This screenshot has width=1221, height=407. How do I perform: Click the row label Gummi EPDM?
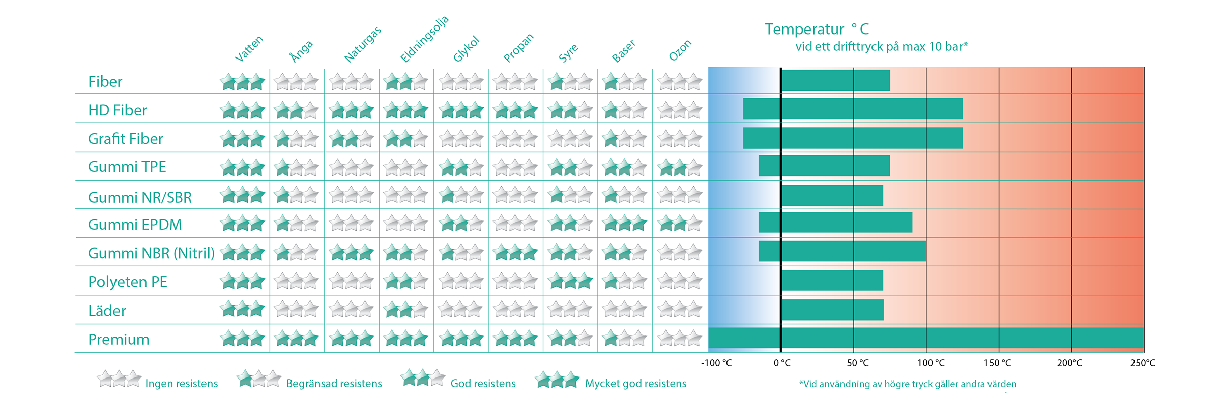(x=135, y=224)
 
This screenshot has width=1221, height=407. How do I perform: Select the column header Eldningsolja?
(x=424, y=40)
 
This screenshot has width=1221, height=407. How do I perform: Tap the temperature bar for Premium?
(x=926, y=338)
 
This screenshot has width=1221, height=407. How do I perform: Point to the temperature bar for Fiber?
(x=835, y=80)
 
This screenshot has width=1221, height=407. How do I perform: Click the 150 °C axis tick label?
(x=997, y=363)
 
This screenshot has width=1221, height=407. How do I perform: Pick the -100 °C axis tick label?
(x=716, y=363)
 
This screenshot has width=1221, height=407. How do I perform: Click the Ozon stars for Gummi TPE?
(x=680, y=167)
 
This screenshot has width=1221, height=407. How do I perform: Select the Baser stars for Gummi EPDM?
(x=625, y=223)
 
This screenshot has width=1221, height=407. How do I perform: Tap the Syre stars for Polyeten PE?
(x=570, y=281)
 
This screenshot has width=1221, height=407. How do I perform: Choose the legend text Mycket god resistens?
(x=635, y=383)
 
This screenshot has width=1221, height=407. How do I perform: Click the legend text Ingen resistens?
(x=181, y=383)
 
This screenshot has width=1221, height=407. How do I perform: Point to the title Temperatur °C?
(x=817, y=29)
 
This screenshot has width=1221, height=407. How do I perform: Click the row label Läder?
(x=107, y=310)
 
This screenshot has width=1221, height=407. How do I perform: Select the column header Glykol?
(x=467, y=49)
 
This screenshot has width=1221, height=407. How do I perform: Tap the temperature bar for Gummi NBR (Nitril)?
(x=842, y=251)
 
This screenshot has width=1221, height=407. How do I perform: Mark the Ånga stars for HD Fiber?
(x=297, y=110)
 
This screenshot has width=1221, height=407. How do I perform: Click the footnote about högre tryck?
(x=908, y=384)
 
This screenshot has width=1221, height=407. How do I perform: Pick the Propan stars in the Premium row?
(x=515, y=338)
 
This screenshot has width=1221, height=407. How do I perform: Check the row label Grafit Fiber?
(x=125, y=138)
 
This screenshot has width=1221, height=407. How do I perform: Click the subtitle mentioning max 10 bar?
(x=881, y=46)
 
